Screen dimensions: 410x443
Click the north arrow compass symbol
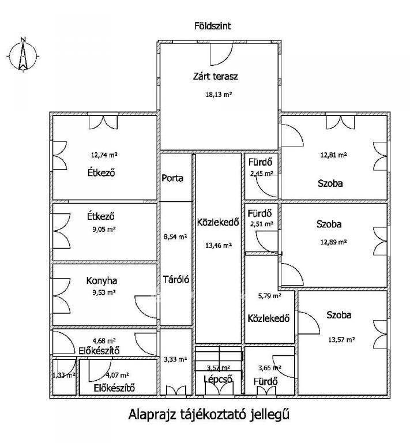[23, 55]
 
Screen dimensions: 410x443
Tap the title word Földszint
[213, 26]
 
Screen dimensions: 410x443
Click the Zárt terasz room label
[216, 76]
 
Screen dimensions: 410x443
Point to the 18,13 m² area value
[219, 95]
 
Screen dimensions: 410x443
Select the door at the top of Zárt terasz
[221, 54]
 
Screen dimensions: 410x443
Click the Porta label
[172, 178]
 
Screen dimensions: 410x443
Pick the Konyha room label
[101, 280]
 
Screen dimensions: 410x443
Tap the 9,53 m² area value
[104, 292]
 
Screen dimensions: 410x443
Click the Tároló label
[176, 279]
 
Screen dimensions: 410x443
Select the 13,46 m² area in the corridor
[219, 245]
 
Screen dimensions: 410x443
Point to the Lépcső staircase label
[218, 379]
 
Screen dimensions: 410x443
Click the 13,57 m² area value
[341, 340]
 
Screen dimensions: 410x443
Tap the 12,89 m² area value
[333, 242]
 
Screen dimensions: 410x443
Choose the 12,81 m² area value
[333, 155]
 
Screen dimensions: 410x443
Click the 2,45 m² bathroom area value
[261, 174]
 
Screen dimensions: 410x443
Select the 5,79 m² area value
[270, 296]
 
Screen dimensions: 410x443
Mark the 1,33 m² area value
[64, 375]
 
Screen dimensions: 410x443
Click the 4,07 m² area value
[117, 375]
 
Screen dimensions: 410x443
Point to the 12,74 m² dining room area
[104, 155]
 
